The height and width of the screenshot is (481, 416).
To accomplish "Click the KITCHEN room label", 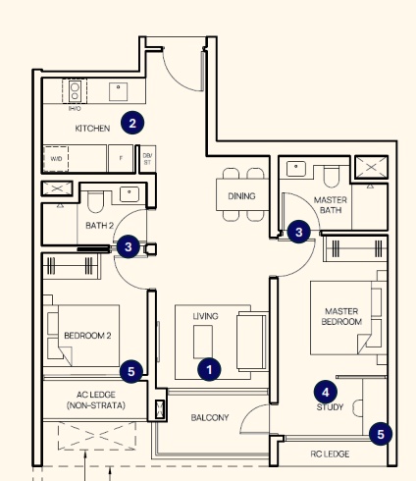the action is point(92,129).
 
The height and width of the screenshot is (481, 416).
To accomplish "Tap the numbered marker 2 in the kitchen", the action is point(132,124).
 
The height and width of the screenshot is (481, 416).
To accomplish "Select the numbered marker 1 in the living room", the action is point(209,369).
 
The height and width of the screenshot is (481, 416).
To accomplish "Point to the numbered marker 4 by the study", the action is point(326,392).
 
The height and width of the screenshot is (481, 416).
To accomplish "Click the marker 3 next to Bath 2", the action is point(129,246).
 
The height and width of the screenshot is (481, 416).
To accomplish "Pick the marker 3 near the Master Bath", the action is point(299,232).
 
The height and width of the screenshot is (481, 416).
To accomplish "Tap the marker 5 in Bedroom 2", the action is point(131,371).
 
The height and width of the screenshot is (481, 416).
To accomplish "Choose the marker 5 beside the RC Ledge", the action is point(381,434).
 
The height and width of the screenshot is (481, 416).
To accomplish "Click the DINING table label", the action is point(241,196).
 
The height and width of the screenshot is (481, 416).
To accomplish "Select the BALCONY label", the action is point(210,417).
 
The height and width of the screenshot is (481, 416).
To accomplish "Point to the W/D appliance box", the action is point(56,159).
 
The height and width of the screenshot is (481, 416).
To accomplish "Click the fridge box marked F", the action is point(121,158).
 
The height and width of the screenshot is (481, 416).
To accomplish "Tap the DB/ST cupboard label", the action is point(147,158).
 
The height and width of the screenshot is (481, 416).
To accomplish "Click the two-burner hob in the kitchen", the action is point(75,91).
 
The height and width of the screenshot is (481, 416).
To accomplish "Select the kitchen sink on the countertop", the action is point(118,91).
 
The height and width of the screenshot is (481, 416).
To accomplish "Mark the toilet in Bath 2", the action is point(95,202).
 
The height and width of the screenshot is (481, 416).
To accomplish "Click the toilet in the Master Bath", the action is point(331,176).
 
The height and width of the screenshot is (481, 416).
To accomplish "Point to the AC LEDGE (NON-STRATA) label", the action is point(96,400).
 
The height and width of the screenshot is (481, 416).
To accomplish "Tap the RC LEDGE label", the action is point(330,454).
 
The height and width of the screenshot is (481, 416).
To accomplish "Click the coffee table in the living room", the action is point(203,342).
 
